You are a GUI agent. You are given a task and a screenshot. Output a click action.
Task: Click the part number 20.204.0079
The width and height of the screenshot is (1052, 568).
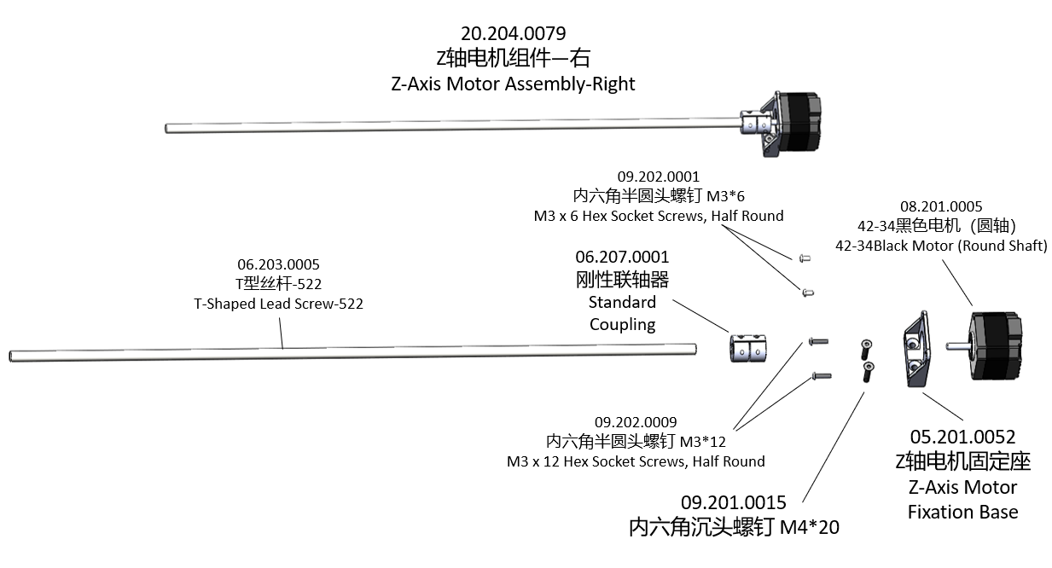point(513,34)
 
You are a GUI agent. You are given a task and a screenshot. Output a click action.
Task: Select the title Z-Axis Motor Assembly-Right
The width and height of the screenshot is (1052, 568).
point(513,84)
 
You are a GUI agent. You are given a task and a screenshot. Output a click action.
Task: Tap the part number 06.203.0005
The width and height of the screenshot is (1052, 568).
point(278,265)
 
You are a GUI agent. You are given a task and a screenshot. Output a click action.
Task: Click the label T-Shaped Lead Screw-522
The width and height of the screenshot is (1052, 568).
point(278,304)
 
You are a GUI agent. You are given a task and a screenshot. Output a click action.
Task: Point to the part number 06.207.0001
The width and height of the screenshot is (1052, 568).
point(622,257)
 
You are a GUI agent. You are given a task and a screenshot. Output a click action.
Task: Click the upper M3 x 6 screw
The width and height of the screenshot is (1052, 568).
point(804,257)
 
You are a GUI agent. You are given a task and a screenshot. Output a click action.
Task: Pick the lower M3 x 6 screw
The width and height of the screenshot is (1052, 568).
point(806,293)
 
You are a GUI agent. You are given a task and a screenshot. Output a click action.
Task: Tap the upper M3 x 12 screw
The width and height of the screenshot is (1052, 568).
point(817,341)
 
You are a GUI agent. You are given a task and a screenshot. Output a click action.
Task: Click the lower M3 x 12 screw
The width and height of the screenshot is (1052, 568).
point(821,374)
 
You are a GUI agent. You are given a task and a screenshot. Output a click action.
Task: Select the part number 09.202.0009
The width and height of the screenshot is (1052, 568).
point(636,422)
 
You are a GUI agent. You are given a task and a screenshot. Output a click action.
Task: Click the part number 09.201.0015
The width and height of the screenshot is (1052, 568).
point(733,503)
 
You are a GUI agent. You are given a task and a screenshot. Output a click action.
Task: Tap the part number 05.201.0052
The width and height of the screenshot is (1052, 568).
point(962,438)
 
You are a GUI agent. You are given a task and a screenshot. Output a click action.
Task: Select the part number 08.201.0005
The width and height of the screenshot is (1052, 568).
point(941,206)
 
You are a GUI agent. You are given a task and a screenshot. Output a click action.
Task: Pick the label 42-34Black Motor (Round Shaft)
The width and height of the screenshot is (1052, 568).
point(941,246)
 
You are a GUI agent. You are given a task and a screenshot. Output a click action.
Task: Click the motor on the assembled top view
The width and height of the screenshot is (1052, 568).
point(799,121)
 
